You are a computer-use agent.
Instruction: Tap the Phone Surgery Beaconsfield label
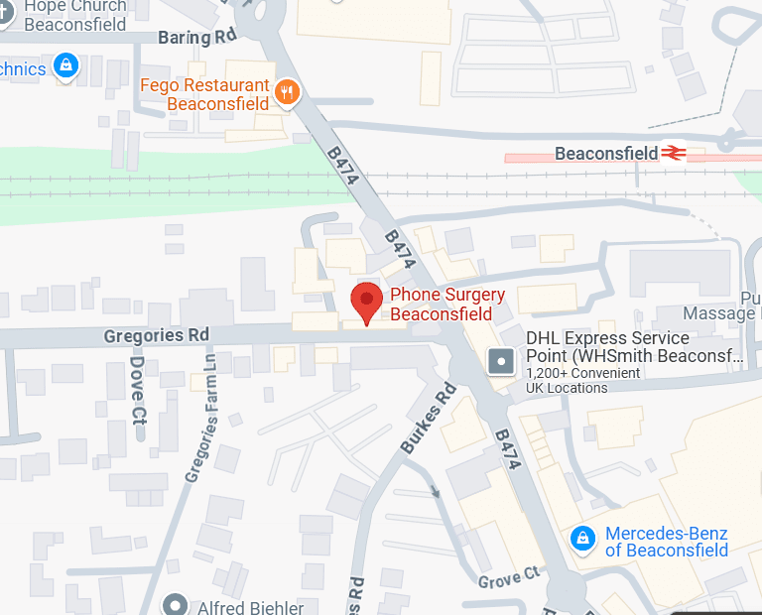pos(446,305)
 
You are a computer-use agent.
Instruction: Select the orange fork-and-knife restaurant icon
pos(287,92)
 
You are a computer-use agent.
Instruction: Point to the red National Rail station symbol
pos(676,153)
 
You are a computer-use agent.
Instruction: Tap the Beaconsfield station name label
pos(606,154)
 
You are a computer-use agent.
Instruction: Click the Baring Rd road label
pos(198,38)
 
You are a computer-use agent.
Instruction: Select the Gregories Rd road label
pos(156,336)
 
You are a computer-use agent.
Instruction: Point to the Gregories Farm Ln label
pos(199,421)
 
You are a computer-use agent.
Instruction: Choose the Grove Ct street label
pos(509,576)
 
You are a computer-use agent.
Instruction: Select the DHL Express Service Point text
pos(634,347)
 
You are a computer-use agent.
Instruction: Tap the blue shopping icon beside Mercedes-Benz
pos(583,538)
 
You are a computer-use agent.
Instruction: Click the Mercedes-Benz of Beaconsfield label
pos(667,542)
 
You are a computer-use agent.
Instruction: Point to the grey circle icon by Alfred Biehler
pos(177,604)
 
